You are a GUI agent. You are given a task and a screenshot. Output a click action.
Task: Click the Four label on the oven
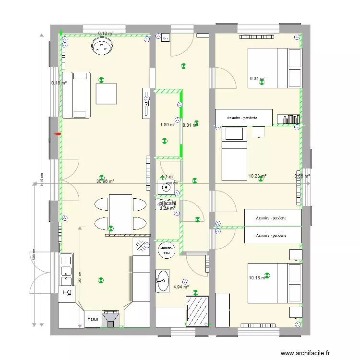pyautogui.click(x=93, y=319)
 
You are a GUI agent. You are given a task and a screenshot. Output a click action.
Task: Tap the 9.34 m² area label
pyautogui.click(x=257, y=79)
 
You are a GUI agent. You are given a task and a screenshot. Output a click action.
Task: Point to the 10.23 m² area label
pyautogui.click(x=257, y=176)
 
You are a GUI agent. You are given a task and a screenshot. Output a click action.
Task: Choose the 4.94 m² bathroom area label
pyautogui.click(x=181, y=287)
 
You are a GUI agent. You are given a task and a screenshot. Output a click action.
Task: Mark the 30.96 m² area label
pyautogui.click(x=105, y=181)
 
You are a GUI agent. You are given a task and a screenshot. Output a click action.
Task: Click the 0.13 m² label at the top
pyautogui.click(x=106, y=34)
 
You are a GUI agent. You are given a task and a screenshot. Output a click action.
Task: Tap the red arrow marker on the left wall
pyautogui.click(x=58, y=134)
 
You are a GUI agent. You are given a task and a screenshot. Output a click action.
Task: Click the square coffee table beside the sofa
pyautogui.click(x=107, y=94)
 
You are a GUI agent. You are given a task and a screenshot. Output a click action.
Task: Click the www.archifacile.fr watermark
pyautogui.click(x=306, y=353)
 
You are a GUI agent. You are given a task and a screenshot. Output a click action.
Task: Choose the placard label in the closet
pyautogui.click(x=168, y=204)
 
